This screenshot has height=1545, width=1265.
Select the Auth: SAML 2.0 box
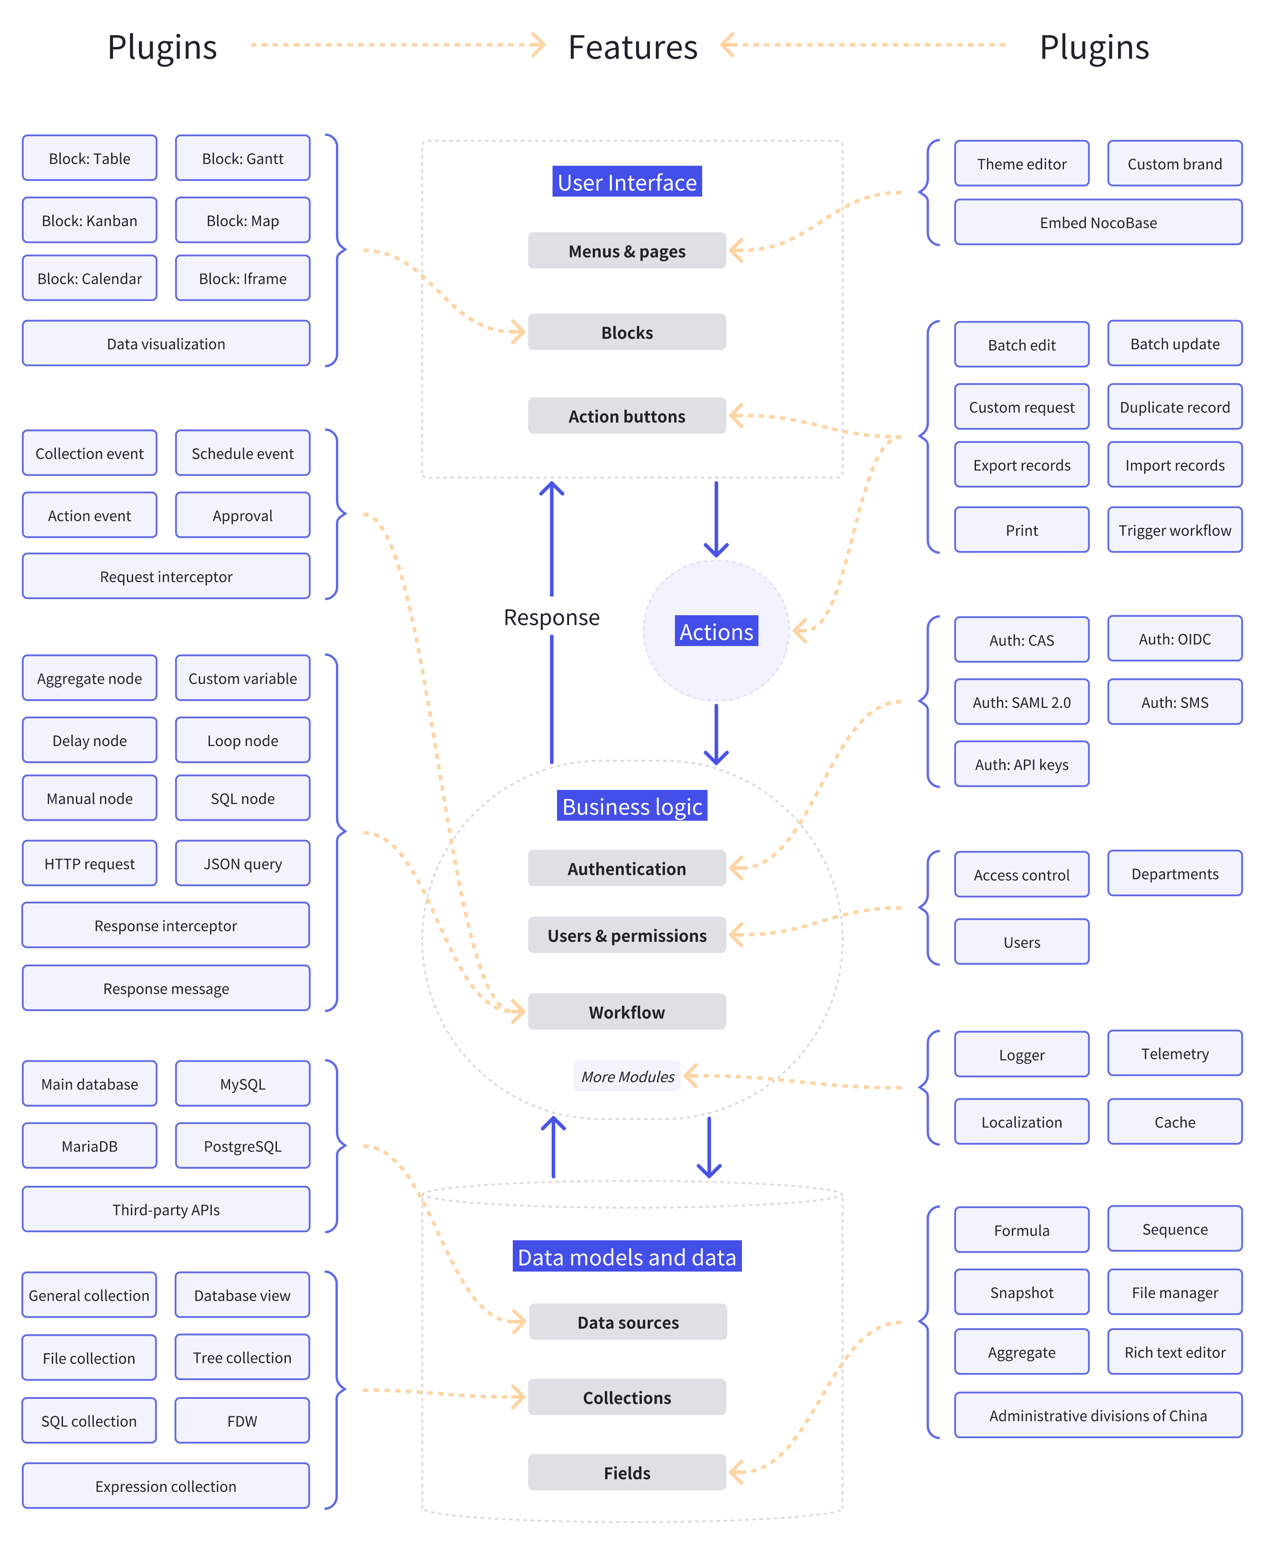tap(1021, 702)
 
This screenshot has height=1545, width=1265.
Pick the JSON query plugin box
tap(242, 864)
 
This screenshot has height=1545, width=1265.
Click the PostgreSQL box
tap(242, 1146)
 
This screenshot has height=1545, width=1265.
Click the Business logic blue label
tap(631, 806)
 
